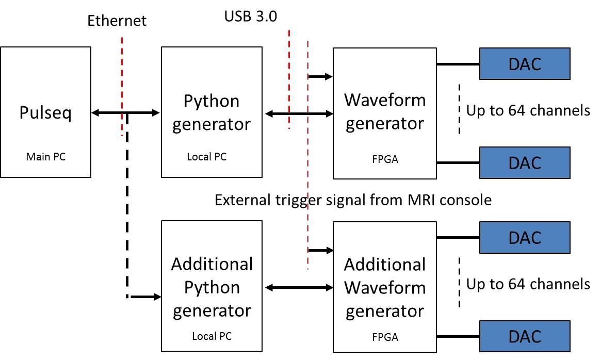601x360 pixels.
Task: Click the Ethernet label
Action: [x=117, y=21]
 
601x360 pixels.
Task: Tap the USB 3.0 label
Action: [x=250, y=17]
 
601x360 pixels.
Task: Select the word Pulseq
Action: [x=45, y=112]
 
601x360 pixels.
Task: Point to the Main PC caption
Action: [x=45, y=157]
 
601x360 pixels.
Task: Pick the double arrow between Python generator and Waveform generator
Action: [x=299, y=113]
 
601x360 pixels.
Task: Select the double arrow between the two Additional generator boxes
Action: [x=299, y=287]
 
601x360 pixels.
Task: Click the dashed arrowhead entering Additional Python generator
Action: [x=155, y=297]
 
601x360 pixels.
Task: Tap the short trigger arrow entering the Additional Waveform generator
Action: [x=321, y=250]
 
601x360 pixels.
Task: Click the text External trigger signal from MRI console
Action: [x=353, y=200]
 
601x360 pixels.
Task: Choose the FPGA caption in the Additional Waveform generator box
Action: [x=385, y=338]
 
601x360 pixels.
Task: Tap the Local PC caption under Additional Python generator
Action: [x=212, y=336]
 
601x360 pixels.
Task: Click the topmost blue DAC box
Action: [x=525, y=64]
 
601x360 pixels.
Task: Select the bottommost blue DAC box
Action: [x=525, y=336]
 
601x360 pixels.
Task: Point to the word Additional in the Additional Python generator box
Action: [x=212, y=264]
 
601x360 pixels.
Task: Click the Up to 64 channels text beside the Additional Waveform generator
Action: [x=528, y=284]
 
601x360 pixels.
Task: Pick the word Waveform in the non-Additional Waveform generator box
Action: [x=385, y=100]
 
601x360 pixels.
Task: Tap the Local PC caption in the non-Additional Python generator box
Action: [x=206, y=157]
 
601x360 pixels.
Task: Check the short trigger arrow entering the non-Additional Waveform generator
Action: [x=320, y=77]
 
